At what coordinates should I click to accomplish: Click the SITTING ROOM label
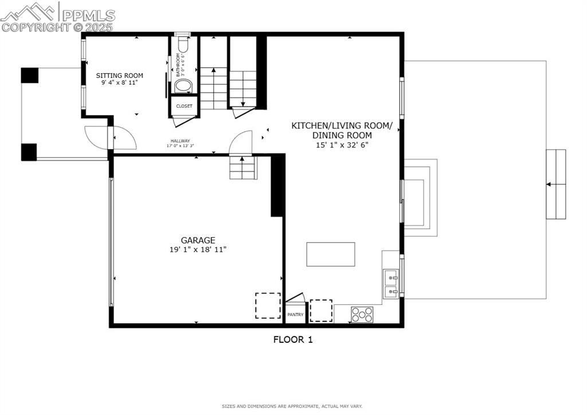point(119,76)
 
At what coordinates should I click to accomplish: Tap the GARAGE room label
point(198,240)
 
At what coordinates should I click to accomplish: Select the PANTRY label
point(295,315)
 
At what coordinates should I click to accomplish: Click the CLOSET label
point(184,106)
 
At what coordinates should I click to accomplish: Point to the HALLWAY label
point(180,141)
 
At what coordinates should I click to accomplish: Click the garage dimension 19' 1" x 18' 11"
point(198,250)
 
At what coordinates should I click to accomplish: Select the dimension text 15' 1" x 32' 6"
point(342,145)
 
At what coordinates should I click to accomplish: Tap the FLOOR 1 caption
point(292,339)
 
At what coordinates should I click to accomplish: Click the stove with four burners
point(362,314)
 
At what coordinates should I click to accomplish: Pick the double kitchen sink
point(391,285)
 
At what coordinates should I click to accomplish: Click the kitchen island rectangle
point(330,254)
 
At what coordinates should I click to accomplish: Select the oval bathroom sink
point(183,86)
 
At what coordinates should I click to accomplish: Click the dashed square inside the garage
point(268,306)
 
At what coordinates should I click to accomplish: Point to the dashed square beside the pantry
point(321,310)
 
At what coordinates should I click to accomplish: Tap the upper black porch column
point(30,75)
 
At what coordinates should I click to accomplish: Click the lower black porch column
point(29,152)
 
